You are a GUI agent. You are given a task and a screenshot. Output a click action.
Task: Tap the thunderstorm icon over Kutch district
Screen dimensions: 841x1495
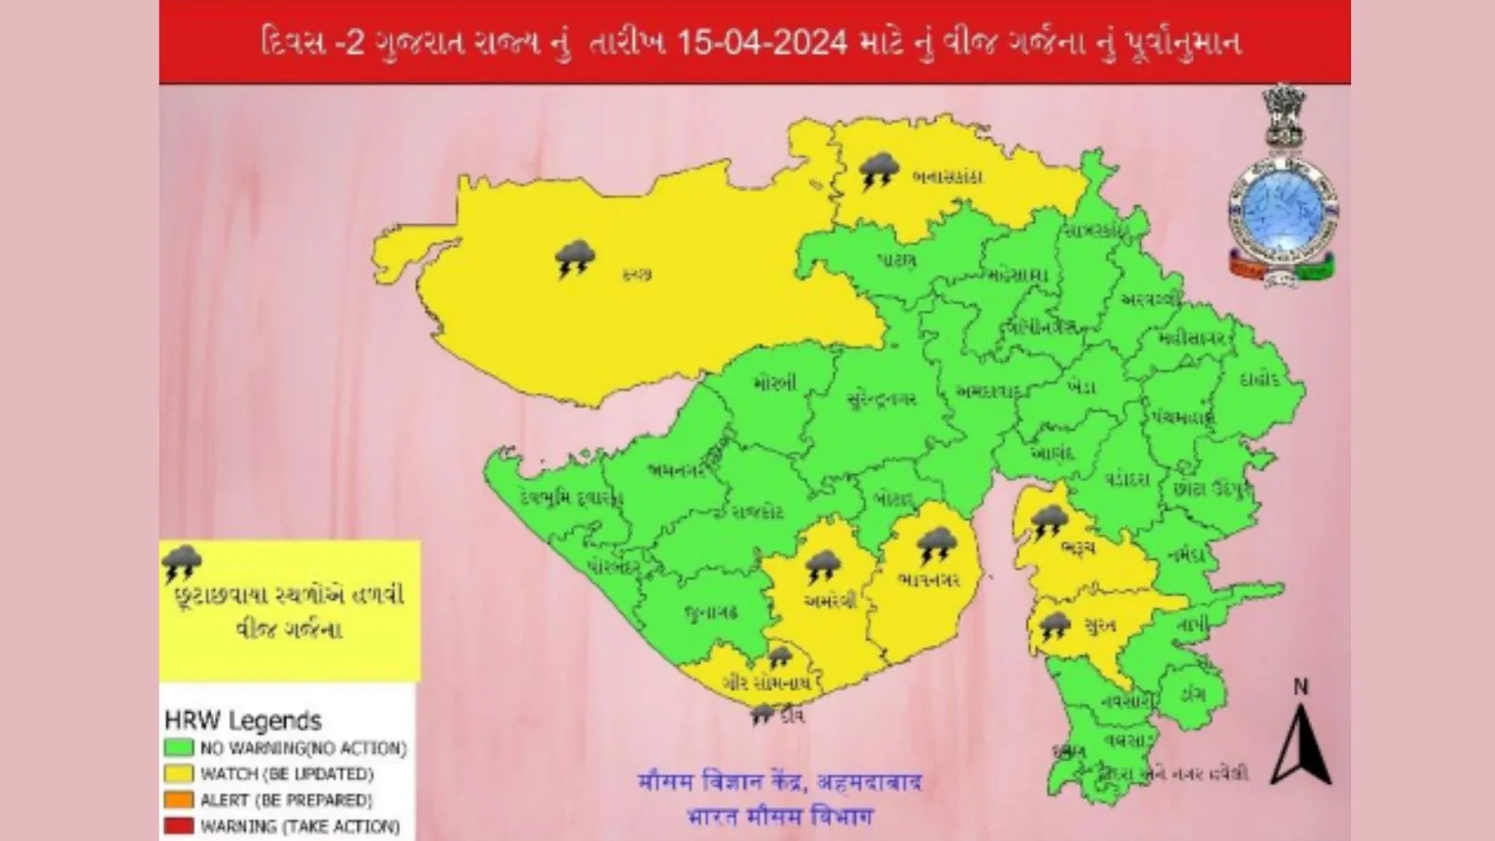(575, 259)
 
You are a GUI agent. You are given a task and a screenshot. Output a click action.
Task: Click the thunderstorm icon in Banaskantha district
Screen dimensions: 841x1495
(878, 172)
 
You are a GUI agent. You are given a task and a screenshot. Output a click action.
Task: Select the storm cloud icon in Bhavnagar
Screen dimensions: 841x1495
(935, 546)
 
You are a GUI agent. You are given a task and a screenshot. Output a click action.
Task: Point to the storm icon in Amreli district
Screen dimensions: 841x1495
(823, 567)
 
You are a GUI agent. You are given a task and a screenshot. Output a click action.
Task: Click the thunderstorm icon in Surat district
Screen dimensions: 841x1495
(1055, 626)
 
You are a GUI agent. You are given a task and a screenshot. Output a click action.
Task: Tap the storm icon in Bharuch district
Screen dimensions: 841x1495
(1048, 520)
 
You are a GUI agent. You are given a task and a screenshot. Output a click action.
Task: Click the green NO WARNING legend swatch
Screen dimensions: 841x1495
(178, 748)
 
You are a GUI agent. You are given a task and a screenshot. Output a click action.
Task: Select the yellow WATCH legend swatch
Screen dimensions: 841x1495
(178, 774)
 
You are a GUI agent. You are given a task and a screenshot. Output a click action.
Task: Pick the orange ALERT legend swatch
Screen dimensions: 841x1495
(178, 800)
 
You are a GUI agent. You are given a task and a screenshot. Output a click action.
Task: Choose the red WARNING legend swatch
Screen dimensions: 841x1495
(178, 826)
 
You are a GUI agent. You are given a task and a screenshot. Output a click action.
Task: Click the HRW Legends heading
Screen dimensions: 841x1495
(242, 720)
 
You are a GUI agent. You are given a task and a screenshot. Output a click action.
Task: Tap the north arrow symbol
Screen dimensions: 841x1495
(1300, 745)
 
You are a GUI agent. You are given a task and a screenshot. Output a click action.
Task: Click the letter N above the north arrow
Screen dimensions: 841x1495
(1300, 688)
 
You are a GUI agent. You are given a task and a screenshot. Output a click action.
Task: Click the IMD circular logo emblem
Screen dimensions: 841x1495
(1281, 215)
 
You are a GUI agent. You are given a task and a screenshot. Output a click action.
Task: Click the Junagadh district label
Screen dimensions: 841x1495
(710, 612)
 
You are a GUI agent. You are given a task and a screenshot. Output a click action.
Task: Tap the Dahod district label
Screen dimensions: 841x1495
(1259, 380)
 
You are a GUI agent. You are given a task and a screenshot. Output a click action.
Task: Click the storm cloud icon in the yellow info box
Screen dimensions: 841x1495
(182, 563)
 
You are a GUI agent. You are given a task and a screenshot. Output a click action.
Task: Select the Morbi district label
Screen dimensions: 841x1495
(774, 383)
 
